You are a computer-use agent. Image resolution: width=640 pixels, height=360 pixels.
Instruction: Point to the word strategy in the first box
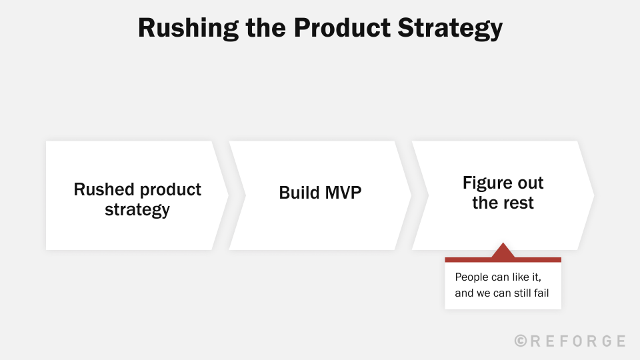point(137,210)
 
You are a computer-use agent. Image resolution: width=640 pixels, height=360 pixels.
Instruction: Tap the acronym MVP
point(343,193)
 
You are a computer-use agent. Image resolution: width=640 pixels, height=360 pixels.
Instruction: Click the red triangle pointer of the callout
point(503,251)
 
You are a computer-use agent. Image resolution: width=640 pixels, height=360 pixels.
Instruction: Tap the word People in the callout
point(471,277)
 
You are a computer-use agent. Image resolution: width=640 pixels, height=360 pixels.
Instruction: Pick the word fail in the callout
point(540,293)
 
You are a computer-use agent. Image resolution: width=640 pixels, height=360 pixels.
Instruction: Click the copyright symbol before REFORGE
point(521,341)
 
